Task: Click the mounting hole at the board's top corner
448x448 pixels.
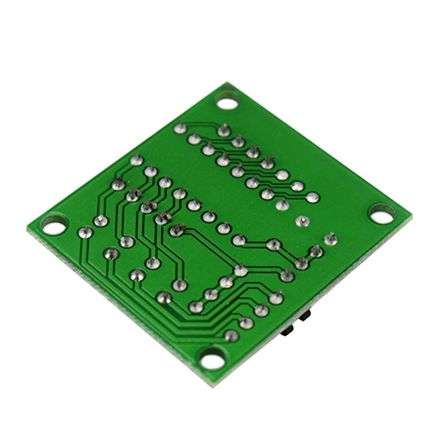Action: click(x=227, y=103)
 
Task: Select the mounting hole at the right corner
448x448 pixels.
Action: click(x=382, y=213)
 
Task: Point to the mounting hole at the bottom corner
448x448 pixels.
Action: click(x=213, y=358)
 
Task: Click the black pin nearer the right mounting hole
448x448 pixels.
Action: click(x=306, y=317)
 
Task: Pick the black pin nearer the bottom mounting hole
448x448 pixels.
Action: click(x=288, y=332)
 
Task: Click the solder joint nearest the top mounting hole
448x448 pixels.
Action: click(x=224, y=131)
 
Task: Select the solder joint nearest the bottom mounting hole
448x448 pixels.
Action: click(x=231, y=336)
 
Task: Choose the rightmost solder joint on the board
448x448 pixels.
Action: click(x=330, y=240)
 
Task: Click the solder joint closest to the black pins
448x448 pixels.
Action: click(x=276, y=298)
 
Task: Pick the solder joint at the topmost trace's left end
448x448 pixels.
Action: click(x=180, y=128)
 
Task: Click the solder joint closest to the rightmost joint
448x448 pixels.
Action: click(x=316, y=251)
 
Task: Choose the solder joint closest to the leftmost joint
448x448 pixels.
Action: click(x=101, y=221)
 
